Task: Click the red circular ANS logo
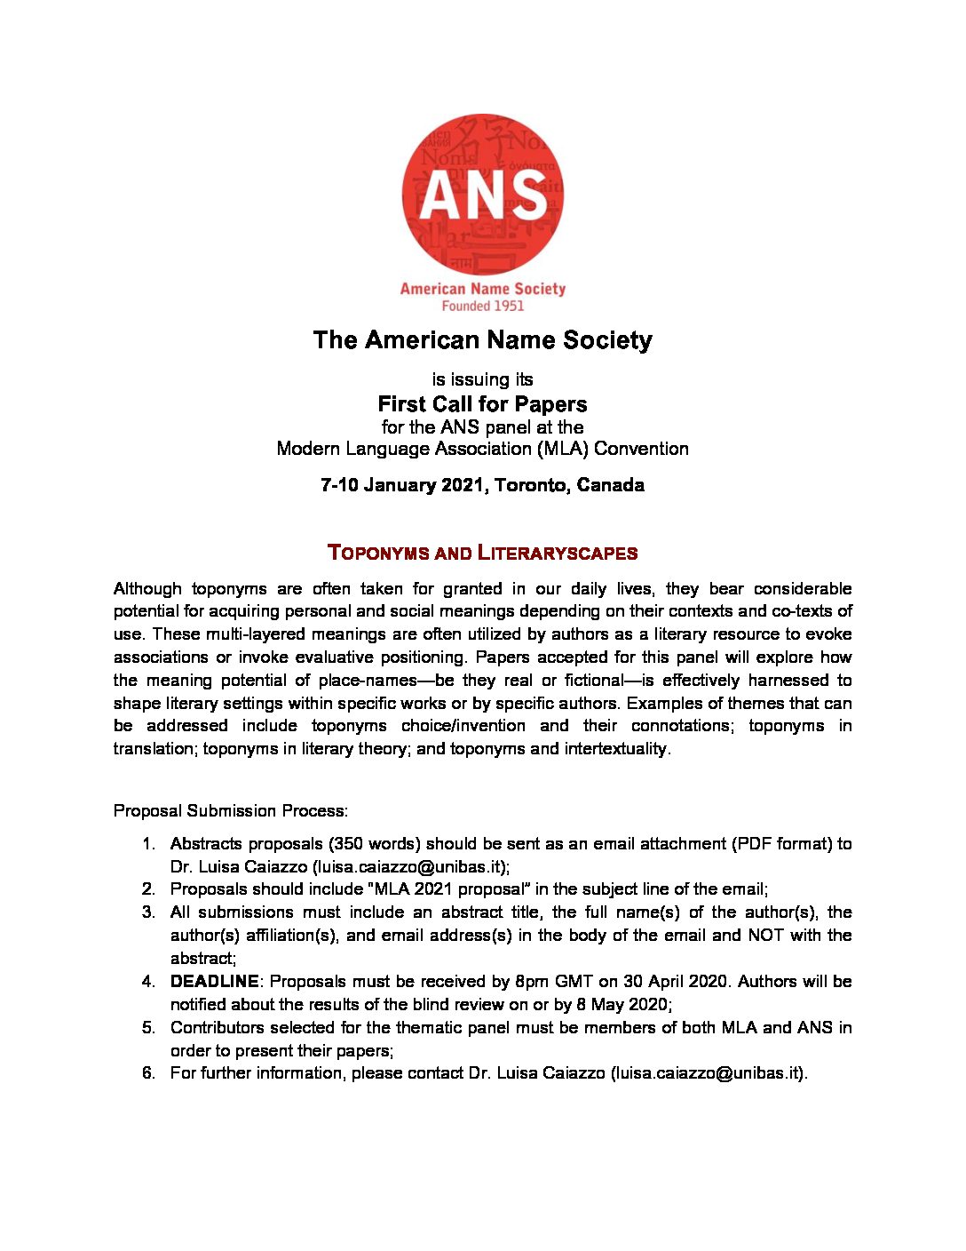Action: (483, 195)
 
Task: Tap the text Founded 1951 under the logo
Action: (483, 306)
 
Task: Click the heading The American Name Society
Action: (483, 340)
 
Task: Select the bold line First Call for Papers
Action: (483, 404)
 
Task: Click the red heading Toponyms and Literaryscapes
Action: (483, 553)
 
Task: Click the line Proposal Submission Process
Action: (231, 810)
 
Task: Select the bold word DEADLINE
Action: (214, 981)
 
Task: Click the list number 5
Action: (148, 1027)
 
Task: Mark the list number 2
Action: (148, 888)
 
